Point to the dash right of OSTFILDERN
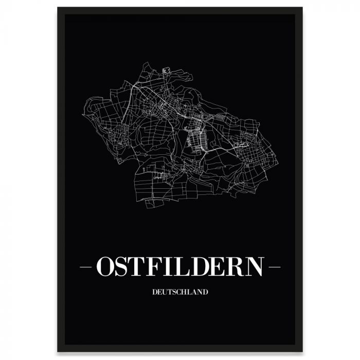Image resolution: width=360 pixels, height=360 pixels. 275,267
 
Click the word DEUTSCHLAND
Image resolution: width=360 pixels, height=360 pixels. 180,292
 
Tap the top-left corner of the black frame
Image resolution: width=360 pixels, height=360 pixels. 58,8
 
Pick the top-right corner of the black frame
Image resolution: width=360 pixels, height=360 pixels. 302,8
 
